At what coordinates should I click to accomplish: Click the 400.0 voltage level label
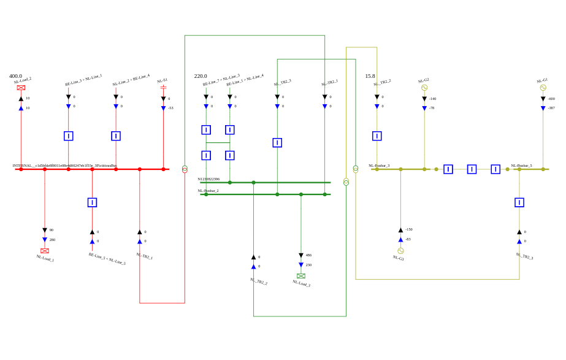[15, 76]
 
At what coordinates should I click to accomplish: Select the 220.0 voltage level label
[201, 76]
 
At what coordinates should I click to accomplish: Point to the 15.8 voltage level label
[370, 76]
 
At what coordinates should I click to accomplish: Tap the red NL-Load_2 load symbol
[21, 88]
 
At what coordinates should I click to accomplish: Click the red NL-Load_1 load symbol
[45, 251]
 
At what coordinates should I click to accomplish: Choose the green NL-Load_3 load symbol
[301, 276]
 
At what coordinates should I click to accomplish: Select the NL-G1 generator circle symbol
[543, 88]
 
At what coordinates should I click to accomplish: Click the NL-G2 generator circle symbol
[424, 88]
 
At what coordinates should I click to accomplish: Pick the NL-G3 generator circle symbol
[400, 251]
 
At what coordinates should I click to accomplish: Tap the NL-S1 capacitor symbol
[163, 87]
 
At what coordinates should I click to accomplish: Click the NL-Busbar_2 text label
[208, 191]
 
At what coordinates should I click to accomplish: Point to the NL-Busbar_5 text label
[521, 166]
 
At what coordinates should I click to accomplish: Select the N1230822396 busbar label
[208, 179]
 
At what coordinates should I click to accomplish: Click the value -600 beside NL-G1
[551, 99]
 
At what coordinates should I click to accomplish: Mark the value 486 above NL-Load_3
[308, 255]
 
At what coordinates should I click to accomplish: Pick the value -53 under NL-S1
[170, 108]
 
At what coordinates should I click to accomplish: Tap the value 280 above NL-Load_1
[52, 240]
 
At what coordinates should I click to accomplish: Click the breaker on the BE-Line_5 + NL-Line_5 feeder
[92, 202]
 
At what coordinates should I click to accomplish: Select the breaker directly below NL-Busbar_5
[519, 202]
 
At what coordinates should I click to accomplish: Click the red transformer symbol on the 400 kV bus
[185, 169]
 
